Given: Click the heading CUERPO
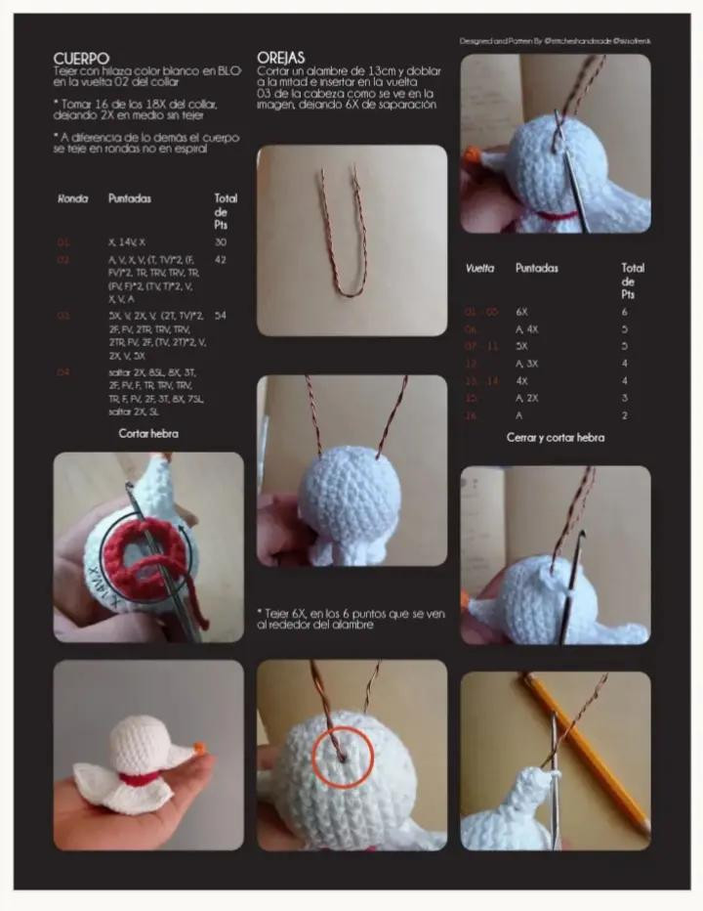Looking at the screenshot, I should click(x=81, y=59).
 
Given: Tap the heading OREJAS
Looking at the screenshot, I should click(x=281, y=58).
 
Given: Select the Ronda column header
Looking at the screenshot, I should click(x=72, y=198).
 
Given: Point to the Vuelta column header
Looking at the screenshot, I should click(x=479, y=268).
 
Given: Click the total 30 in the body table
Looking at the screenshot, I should click(x=220, y=241).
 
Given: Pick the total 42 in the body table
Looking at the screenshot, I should click(x=220, y=260).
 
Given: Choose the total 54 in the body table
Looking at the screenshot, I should click(x=220, y=317).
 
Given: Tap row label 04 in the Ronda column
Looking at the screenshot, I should click(x=63, y=372).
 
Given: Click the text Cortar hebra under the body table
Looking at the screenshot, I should click(x=148, y=432).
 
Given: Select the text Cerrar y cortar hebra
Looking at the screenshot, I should click(x=555, y=437).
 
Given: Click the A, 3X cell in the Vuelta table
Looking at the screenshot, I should click(x=528, y=364).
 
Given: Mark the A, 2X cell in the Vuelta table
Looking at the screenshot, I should click(x=527, y=398).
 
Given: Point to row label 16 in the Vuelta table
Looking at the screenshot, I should click(x=471, y=415).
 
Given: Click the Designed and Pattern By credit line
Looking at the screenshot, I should click(x=556, y=41).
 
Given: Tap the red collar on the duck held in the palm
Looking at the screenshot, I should click(x=141, y=779).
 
